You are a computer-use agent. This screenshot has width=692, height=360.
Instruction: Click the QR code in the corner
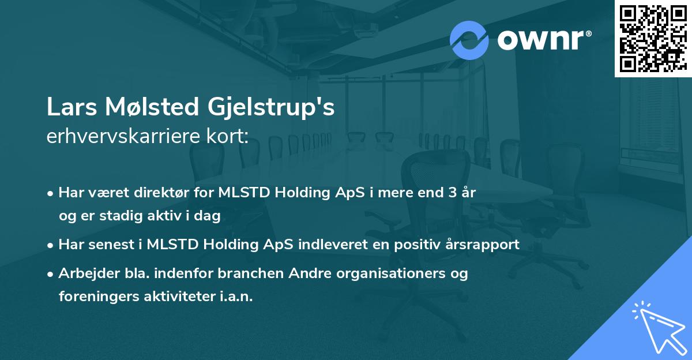[x=653, y=38]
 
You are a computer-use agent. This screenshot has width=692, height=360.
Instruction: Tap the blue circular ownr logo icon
[x=469, y=40]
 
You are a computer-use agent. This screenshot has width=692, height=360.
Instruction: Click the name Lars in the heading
[x=72, y=107]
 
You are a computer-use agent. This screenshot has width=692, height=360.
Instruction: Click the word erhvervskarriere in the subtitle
[x=123, y=136]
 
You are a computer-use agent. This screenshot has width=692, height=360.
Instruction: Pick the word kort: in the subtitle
[x=227, y=136]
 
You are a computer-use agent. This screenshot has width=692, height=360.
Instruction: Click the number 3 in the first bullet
[x=453, y=193]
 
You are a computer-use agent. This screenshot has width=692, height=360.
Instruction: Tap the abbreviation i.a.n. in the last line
[x=236, y=297]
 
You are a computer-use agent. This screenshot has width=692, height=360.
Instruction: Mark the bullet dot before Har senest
[x=50, y=246]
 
